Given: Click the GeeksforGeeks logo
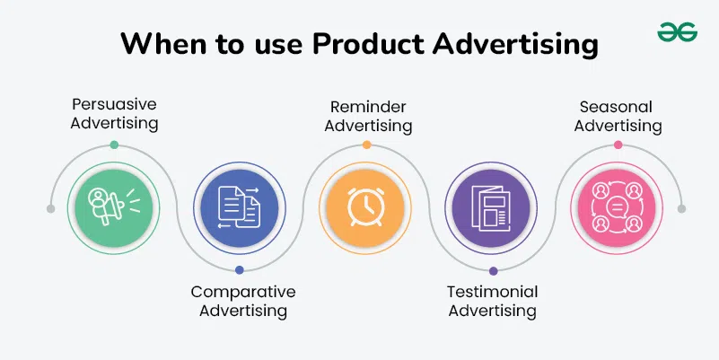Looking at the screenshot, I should coord(678,33).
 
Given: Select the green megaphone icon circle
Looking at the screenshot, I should coord(113,207).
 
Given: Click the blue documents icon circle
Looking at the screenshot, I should coord(239,207).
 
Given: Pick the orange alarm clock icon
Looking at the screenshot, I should coord(366,207).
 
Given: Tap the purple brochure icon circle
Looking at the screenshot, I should coord(492,207).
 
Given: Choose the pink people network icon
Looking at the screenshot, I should coord(618,207).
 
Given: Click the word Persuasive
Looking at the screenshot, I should coord(113,102).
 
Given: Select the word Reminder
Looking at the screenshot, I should coord(368,107).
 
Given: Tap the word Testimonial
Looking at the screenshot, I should coord(492,292).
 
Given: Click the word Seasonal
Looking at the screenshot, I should coord(618,107).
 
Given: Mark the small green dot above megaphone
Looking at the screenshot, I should coord(113,145).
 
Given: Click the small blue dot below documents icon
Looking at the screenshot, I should coord(239,270).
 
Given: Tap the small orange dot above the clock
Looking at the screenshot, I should coord(366,145).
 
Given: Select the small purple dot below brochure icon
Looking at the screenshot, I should coord(493,270).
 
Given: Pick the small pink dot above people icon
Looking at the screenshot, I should coord(618,145).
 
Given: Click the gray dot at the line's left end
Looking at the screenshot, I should coord(50,208).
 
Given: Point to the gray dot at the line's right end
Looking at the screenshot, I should coord(681,208).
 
